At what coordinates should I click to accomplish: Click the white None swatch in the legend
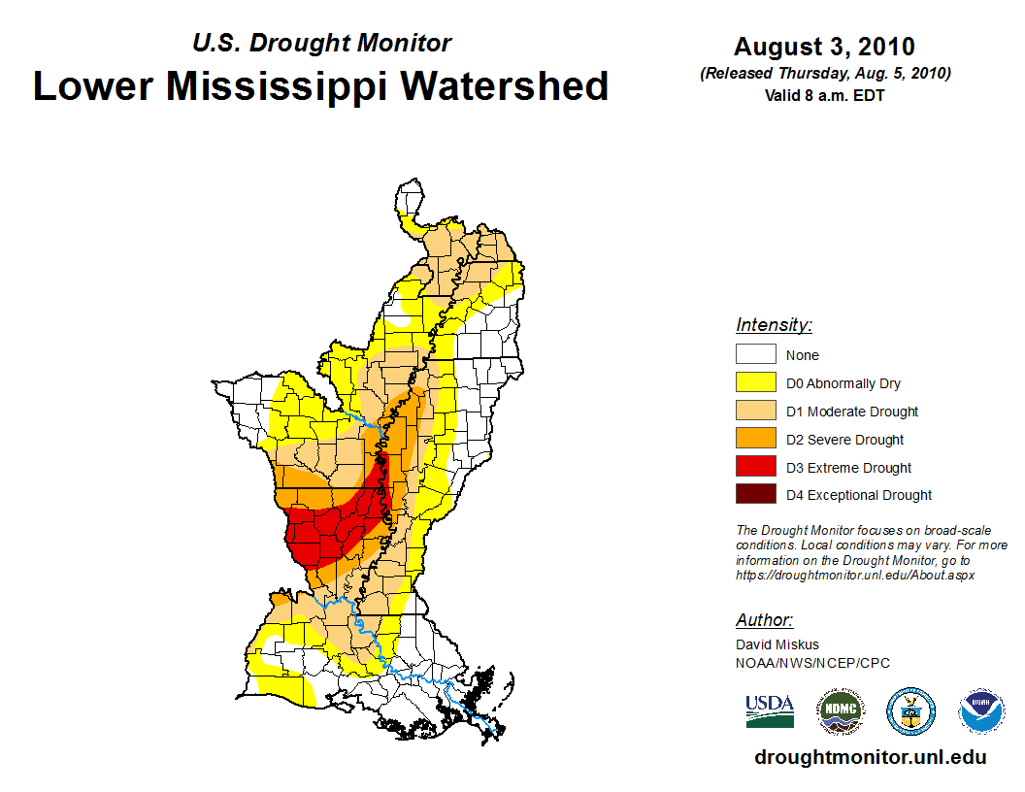point(755,354)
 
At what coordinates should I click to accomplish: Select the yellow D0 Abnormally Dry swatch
point(755,382)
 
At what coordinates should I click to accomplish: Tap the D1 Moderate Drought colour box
point(755,411)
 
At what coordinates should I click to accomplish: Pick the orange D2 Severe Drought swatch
point(755,439)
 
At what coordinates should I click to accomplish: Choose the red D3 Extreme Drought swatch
point(755,467)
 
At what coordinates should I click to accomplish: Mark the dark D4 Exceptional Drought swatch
point(755,494)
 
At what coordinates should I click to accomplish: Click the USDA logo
point(770,710)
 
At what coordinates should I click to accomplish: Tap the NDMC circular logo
point(840,711)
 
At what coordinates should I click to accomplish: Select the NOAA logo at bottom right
point(982,711)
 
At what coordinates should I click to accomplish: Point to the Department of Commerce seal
point(911,711)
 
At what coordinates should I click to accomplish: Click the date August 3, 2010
point(824,47)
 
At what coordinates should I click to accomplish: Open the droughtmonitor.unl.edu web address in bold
point(871,757)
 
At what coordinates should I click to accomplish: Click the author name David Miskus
point(777,644)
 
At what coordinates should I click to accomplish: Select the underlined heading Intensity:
point(774,325)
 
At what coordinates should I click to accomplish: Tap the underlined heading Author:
point(765,620)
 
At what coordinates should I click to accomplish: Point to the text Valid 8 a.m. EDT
point(824,95)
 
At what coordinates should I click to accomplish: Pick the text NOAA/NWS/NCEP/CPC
point(812,663)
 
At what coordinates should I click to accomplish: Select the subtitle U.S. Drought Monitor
point(321,44)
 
